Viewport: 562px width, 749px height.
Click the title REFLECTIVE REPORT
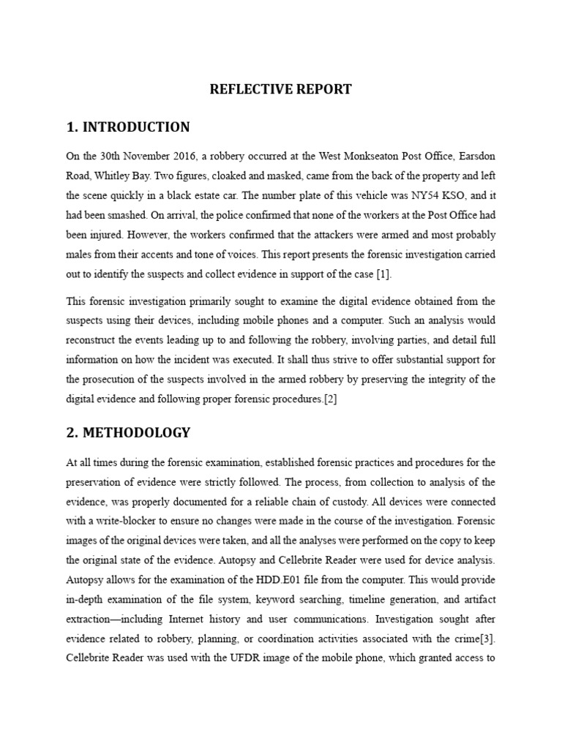pyautogui.click(x=281, y=89)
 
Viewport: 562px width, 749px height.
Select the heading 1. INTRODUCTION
pyautogui.click(x=127, y=127)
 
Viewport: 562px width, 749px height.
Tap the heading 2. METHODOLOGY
pyautogui.click(x=127, y=432)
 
